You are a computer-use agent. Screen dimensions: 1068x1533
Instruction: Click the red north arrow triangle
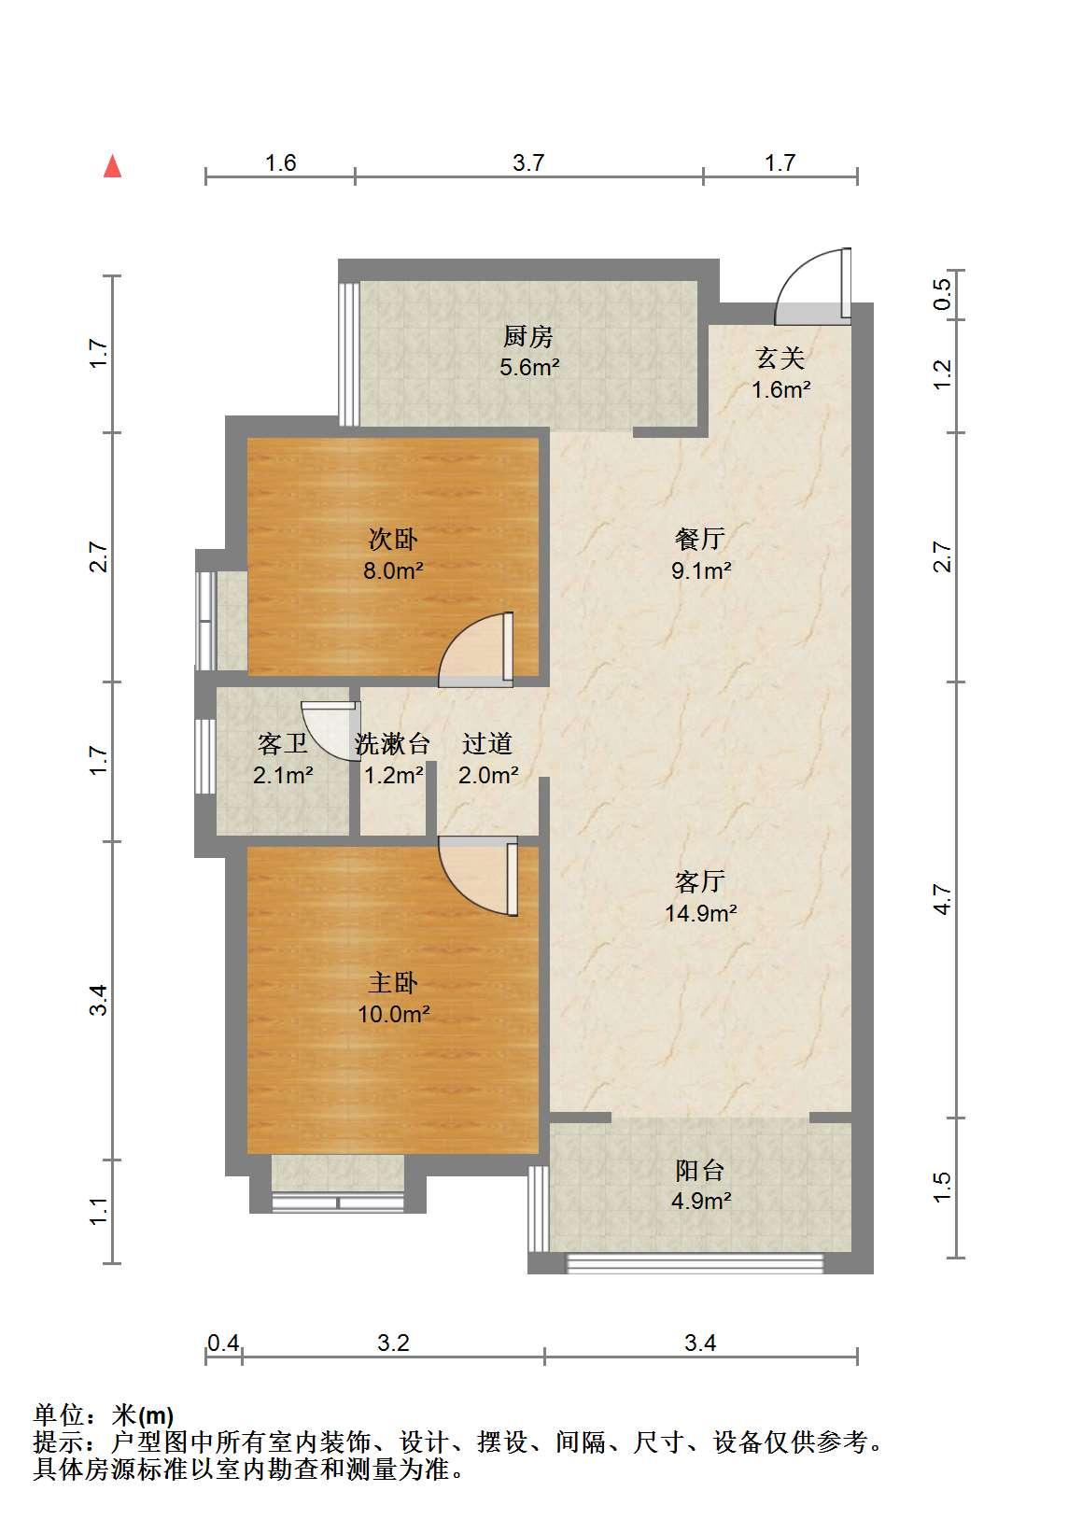(x=112, y=166)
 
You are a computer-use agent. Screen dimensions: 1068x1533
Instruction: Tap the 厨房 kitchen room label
(x=527, y=336)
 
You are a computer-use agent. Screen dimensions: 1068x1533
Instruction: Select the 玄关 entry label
(x=780, y=358)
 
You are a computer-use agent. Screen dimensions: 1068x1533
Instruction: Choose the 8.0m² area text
(x=393, y=570)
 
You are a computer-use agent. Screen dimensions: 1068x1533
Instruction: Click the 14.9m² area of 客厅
(x=700, y=912)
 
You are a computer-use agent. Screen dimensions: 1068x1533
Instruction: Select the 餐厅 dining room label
(x=699, y=539)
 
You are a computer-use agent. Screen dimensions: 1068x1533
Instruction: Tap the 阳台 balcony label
(x=699, y=1171)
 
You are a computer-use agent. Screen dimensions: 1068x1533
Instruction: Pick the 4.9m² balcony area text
(x=701, y=1201)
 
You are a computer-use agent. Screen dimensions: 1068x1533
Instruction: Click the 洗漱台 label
(x=392, y=744)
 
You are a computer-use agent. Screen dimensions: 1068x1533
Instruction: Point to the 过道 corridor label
(x=487, y=744)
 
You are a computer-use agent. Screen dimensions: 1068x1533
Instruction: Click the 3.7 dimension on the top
(x=528, y=162)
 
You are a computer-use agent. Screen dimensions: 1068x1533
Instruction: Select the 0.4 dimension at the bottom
(x=223, y=1343)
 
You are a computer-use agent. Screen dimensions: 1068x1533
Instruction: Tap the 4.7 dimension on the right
(x=943, y=899)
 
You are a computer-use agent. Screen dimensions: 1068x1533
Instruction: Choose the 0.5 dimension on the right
(x=943, y=295)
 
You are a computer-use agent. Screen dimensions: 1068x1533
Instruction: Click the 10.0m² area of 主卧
(x=393, y=1014)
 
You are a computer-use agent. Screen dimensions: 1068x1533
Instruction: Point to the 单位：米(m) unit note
(x=104, y=1414)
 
